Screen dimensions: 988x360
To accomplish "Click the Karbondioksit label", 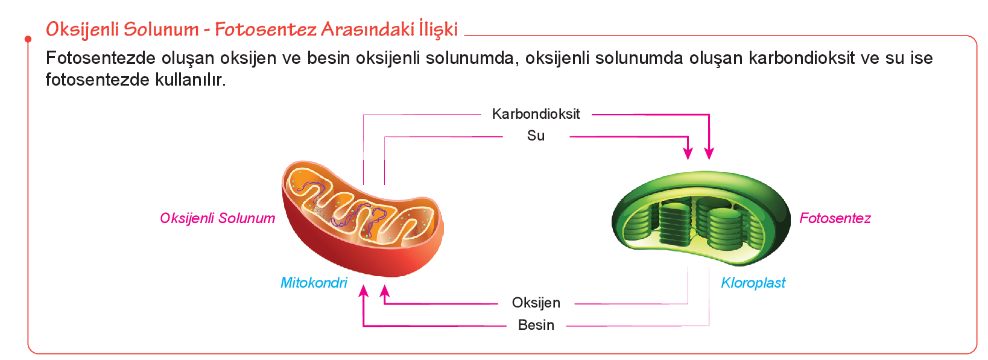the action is coord(536,114).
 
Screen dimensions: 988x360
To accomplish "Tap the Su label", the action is coord(536,136).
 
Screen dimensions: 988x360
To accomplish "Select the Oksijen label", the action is coord(536,303).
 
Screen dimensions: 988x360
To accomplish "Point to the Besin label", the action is coord(536,324).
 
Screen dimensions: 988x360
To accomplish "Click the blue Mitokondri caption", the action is coord(314,282).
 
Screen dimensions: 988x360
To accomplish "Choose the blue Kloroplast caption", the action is coord(753,282).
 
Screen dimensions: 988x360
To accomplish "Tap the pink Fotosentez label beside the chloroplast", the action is coord(835,218).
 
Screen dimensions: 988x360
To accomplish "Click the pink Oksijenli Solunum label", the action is coord(218,218).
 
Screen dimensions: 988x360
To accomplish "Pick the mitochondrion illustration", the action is coord(363,219).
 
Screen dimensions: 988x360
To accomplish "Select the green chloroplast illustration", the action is coord(701,219).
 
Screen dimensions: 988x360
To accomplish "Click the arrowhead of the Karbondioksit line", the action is coord(709,154).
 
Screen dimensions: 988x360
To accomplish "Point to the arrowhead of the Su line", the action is coord(688,154).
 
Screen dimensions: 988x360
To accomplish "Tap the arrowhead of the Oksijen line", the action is coord(385,291).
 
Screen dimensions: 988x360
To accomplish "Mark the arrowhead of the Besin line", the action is coord(364,291).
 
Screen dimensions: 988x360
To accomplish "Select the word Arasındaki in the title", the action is coord(367,29).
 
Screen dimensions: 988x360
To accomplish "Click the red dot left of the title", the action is coord(28,39).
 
